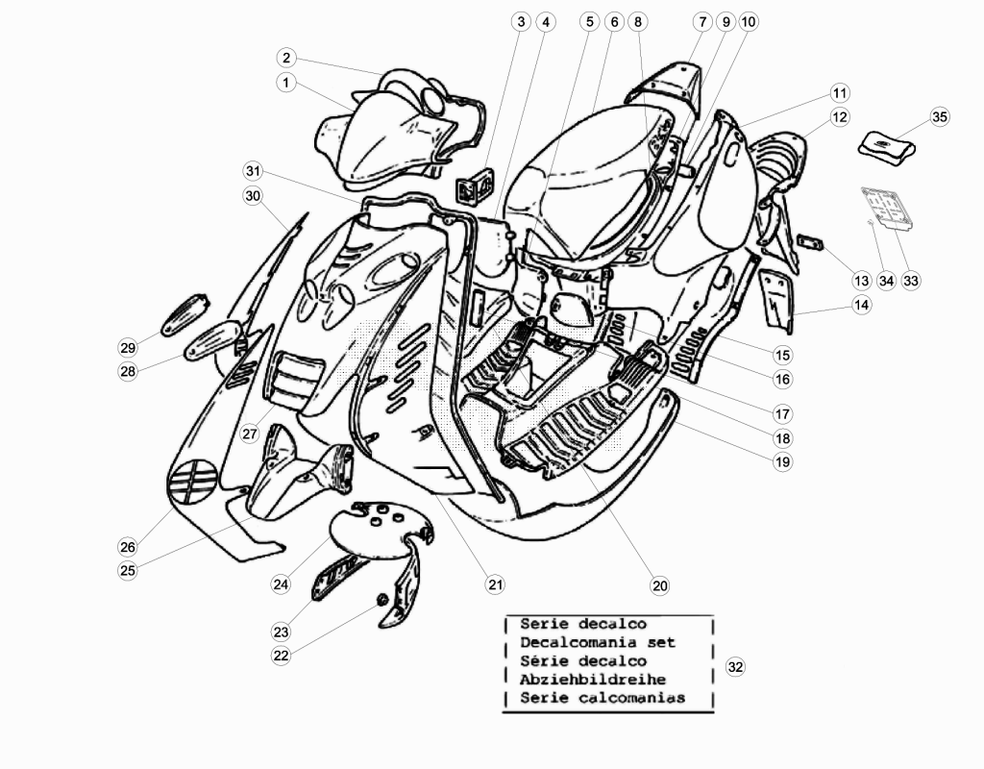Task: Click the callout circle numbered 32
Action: point(735,667)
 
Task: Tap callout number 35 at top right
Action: point(940,116)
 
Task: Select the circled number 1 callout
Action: point(286,83)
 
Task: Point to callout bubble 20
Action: point(659,585)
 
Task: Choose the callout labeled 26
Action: point(128,547)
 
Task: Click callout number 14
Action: point(862,305)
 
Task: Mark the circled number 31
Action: point(253,171)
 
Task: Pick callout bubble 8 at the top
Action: point(638,22)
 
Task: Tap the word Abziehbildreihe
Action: point(593,680)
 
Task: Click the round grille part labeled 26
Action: point(192,482)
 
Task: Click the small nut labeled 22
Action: point(381,602)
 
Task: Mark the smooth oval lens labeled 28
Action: point(214,339)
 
